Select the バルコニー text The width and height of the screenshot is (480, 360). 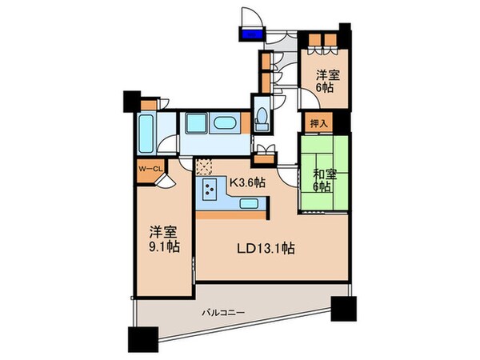click(223, 312)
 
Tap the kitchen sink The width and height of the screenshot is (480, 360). click(248, 205)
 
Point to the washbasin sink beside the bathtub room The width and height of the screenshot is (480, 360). click(148, 128)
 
